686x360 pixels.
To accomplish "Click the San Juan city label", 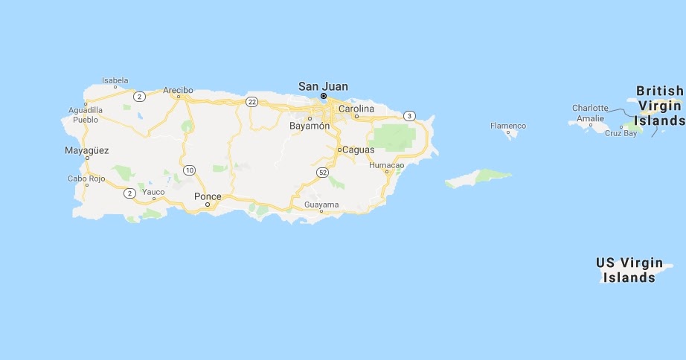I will point(323,86).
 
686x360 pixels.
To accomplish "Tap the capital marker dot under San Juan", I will point(324,96).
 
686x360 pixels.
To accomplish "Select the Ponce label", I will point(208,196).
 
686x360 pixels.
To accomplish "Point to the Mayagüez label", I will point(87,150).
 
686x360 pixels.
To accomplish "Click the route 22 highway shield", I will point(252,102).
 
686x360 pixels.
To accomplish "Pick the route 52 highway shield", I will point(322,173).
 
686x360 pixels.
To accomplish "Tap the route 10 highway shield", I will point(190,170).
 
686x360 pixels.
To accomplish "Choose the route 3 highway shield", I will point(409,116).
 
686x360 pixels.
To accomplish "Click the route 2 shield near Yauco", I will point(130,193).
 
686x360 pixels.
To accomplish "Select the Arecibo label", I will point(178,91).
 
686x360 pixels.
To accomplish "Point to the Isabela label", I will point(115,80).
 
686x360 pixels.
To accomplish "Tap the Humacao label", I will point(386,164).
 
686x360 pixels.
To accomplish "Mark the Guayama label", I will point(321,204).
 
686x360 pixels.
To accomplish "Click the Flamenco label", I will point(508,126).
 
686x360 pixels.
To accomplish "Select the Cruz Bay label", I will point(621,133).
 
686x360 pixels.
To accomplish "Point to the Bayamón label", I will point(309,126).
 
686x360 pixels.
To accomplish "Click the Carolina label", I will point(356,109).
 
